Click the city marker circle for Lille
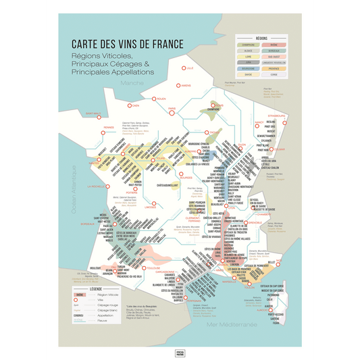(182, 68)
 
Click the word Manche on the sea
(132, 83)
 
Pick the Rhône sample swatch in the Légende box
(80, 295)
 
